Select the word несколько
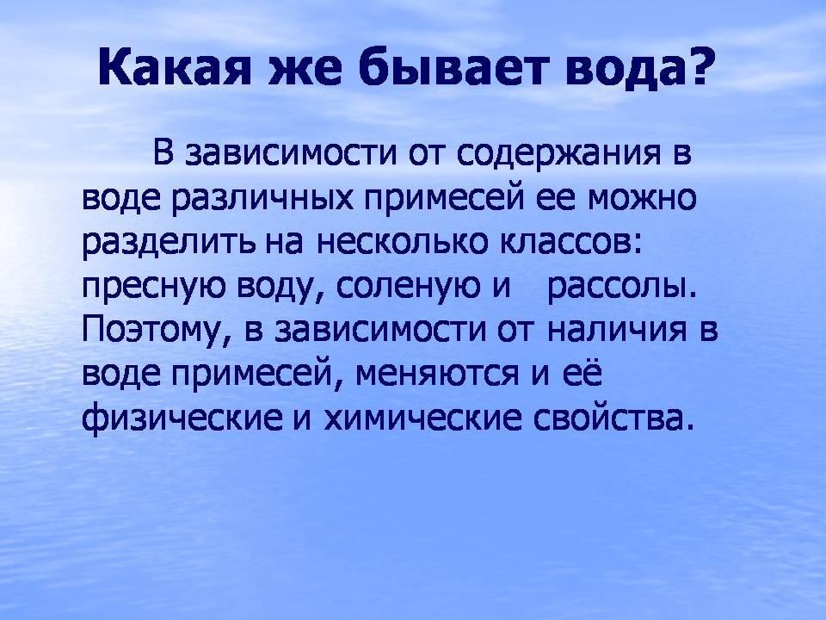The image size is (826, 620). pyautogui.click(x=403, y=243)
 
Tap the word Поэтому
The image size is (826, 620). pyautogui.click(x=154, y=332)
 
